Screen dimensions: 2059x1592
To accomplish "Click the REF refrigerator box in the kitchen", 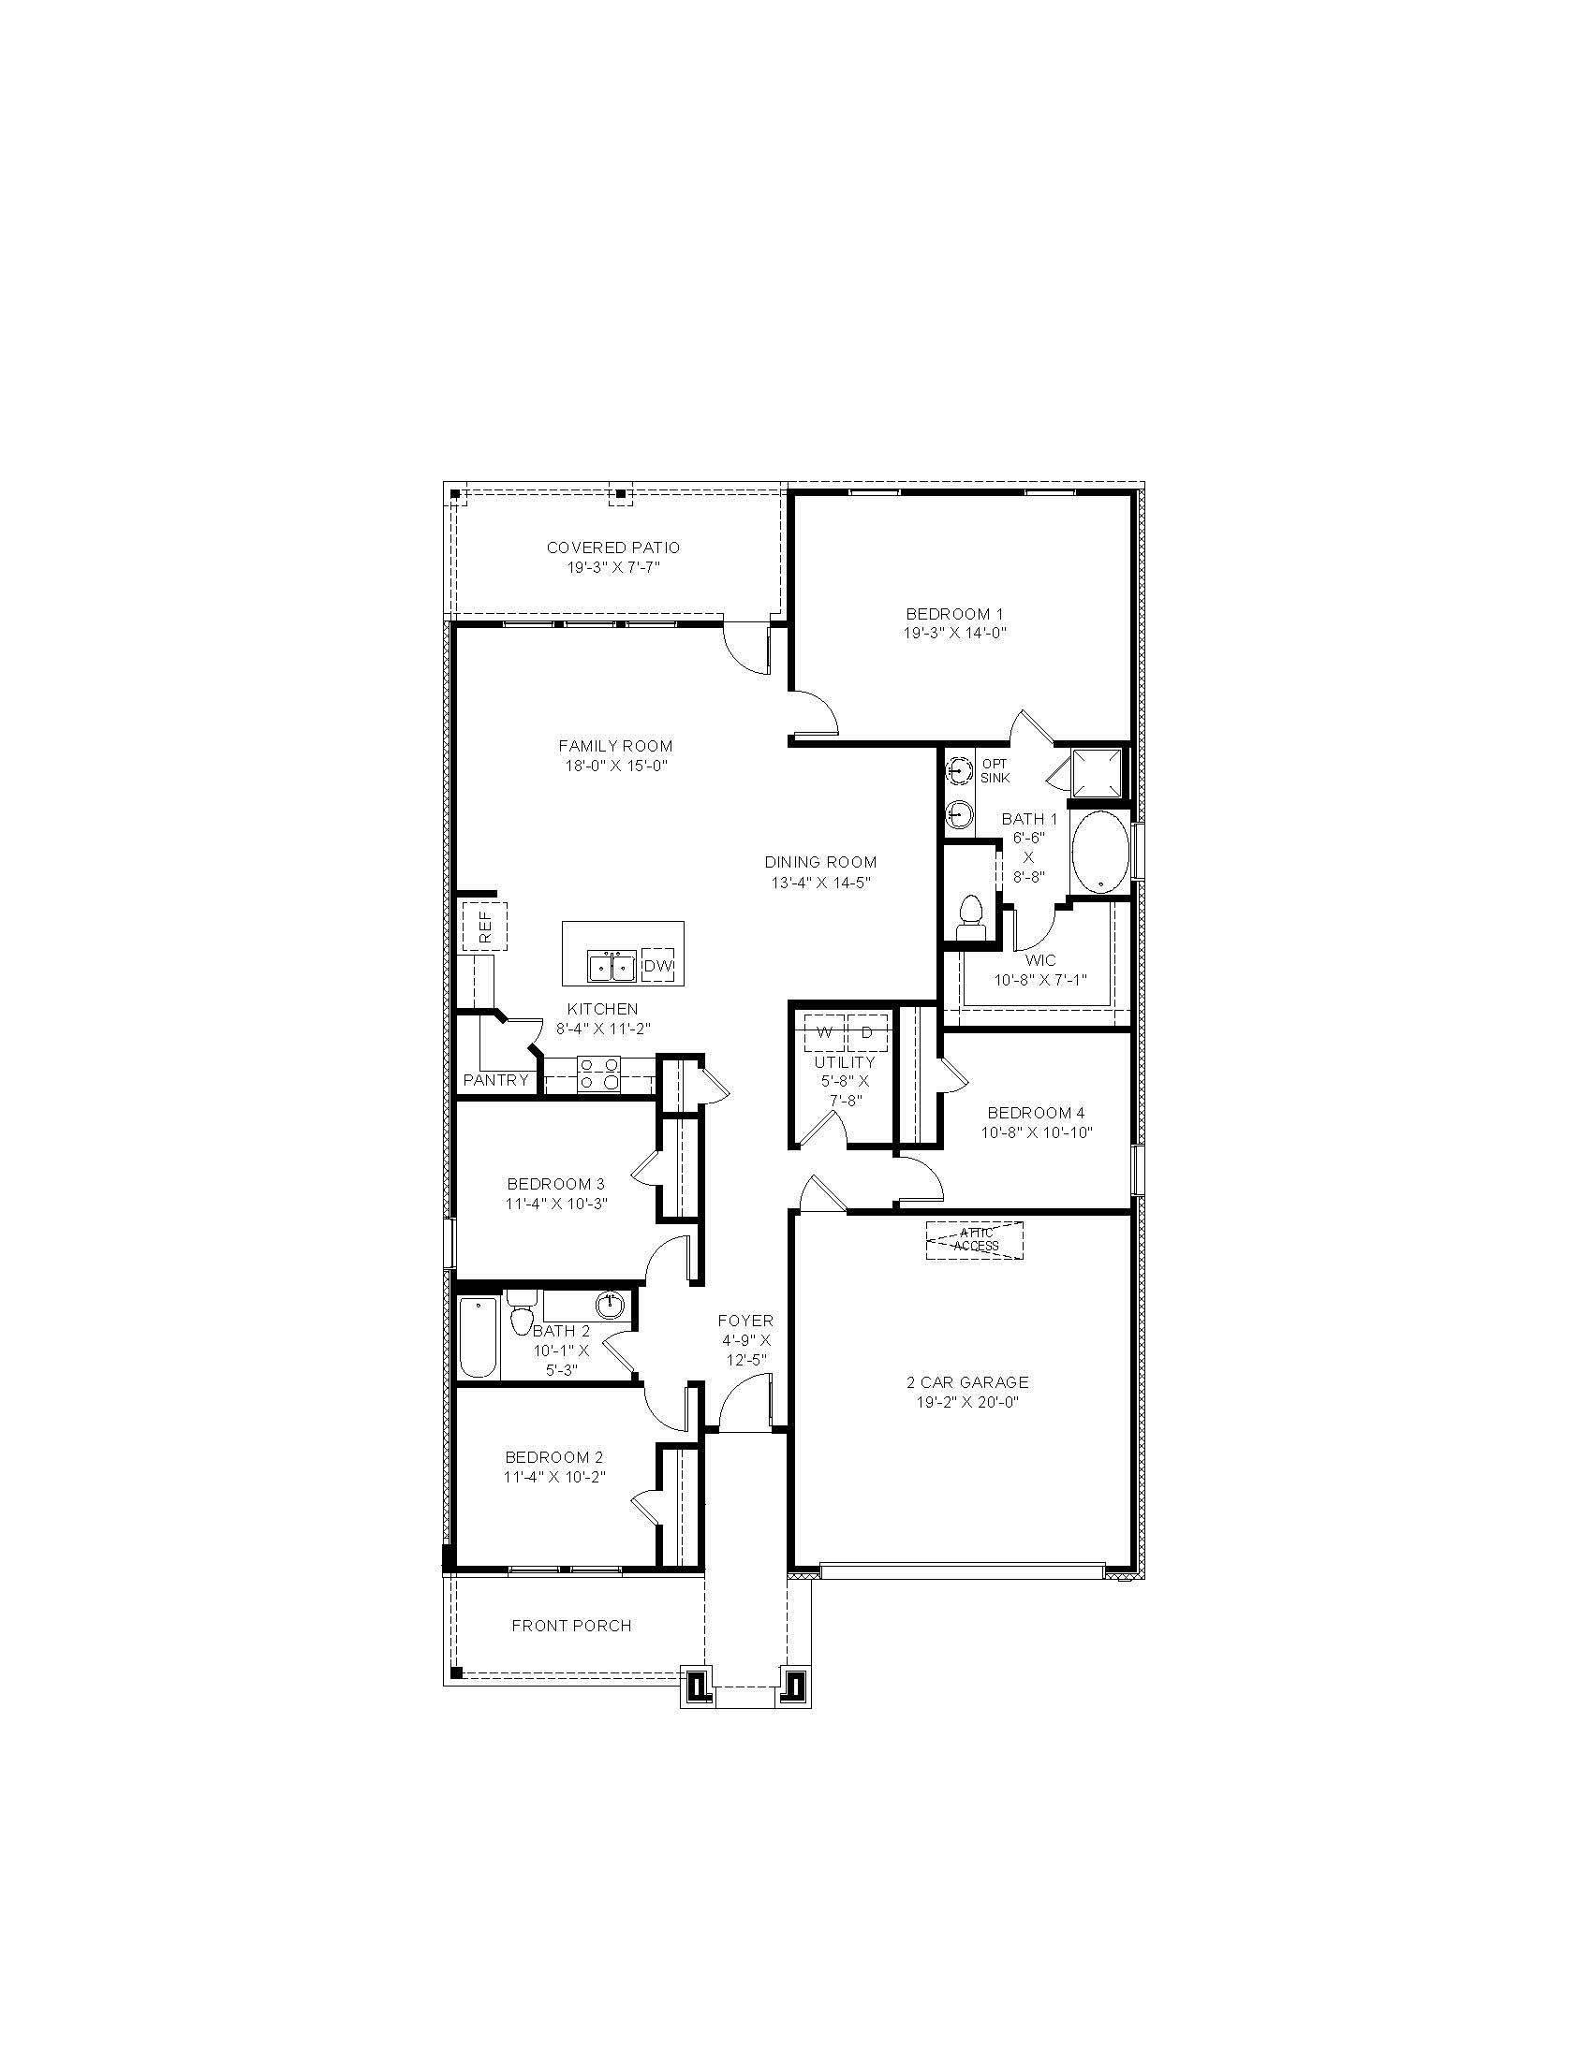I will pos(484,927).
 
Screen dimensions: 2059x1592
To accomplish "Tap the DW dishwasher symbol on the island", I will pos(657,966).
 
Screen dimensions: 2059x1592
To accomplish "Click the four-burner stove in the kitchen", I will pos(600,1073).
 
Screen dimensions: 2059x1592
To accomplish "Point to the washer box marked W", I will pos(824,1032).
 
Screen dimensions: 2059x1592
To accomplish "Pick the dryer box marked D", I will pos(867,1032).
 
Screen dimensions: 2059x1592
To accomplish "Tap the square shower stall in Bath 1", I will pos(1097,771).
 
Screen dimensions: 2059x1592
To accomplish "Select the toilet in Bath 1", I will pos(969,916).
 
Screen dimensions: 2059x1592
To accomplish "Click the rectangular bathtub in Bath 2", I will pos(478,1336).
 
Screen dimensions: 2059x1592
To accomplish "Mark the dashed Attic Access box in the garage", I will pos(974,1240).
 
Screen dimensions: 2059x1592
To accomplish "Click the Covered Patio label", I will pos(613,548).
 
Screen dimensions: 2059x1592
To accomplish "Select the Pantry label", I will pos(496,1080).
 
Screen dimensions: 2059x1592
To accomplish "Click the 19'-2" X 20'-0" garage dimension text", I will pos(967,1402).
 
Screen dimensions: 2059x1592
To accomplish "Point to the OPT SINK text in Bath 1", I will pos(994,770).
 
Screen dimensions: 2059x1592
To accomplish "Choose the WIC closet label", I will pos(1040,960).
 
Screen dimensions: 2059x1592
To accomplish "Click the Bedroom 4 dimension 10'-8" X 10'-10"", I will pos(1036,1132).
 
